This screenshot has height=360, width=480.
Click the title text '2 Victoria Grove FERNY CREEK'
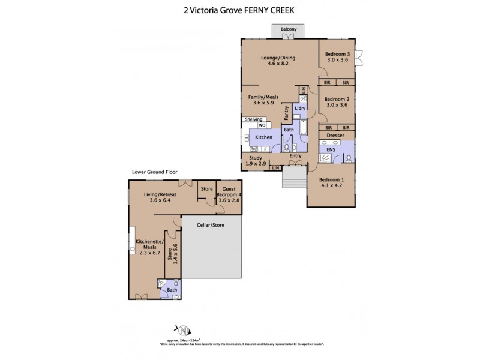point(240,10)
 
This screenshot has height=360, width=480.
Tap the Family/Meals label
point(262,99)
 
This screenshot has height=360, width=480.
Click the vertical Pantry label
point(287,113)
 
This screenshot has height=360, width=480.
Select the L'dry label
point(301,108)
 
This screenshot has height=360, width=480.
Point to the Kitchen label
point(263,137)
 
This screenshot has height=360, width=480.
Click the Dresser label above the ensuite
point(336,136)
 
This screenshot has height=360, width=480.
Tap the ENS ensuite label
point(331,150)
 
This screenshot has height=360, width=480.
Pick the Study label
point(255,160)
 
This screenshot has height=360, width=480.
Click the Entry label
point(295,156)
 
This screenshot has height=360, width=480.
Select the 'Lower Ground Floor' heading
point(155,172)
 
